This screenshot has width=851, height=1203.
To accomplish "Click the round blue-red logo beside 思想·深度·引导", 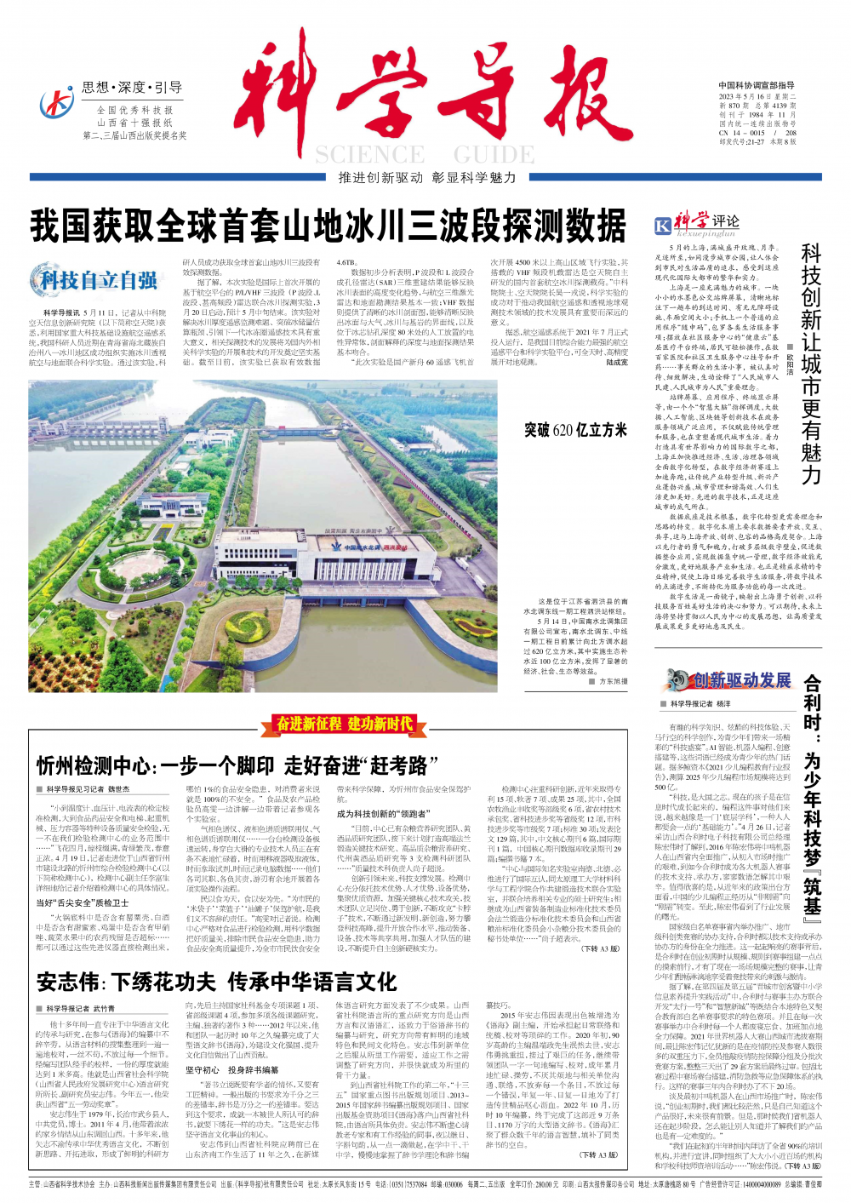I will (x=57, y=104).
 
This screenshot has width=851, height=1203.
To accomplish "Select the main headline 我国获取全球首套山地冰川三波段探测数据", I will (x=328, y=226).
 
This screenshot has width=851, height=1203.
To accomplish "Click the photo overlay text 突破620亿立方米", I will (x=575, y=430).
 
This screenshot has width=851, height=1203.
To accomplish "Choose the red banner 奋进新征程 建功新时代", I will (x=345, y=725).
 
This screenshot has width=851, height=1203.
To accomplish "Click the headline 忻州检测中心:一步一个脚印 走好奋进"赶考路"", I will (x=231, y=765).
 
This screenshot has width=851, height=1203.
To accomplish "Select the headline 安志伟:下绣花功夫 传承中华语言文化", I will (x=216, y=982).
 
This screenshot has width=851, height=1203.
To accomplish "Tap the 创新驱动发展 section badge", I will (x=729, y=679).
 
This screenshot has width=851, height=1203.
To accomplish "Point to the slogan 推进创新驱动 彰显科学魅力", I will (x=426, y=178).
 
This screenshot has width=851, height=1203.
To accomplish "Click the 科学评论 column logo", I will (x=696, y=224).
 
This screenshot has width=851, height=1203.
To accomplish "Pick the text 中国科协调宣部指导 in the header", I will (x=757, y=86).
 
